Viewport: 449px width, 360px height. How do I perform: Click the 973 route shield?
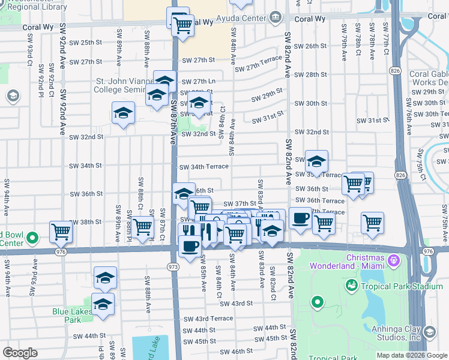(x=173, y=266)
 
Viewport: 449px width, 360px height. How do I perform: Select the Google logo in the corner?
(x=20, y=352)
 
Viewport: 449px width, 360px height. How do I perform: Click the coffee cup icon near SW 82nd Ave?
(x=300, y=218)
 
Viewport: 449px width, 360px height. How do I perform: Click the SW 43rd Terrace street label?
(x=208, y=318)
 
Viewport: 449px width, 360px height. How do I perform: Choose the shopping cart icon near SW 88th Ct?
(x=142, y=227)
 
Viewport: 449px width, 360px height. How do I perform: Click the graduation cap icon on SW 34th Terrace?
(x=316, y=161)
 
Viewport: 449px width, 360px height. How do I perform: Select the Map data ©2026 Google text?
(x=411, y=355)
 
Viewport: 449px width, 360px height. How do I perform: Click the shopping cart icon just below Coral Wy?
(x=182, y=26)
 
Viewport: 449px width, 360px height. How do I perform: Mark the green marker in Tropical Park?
(x=317, y=302)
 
